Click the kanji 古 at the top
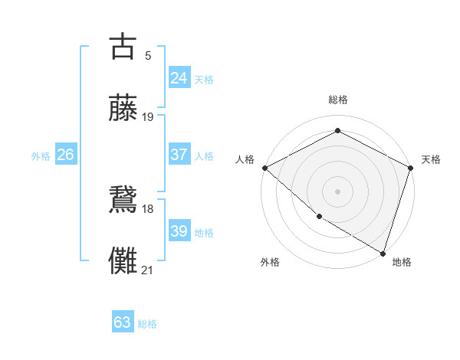click(x=123, y=47)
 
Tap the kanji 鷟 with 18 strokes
click(x=123, y=201)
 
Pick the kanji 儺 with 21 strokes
click(x=123, y=261)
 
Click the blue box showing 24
click(x=179, y=78)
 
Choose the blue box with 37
click(x=179, y=155)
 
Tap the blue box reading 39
click(x=179, y=231)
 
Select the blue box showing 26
click(x=66, y=155)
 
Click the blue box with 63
click(x=123, y=322)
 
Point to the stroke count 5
click(x=148, y=56)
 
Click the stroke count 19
click(x=148, y=117)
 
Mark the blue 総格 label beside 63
click(x=147, y=324)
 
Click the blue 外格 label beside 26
click(x=41, y=156)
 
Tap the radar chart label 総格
click(x=337, y=100)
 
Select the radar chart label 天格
click(x=432, y=159)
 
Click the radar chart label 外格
click(x=270, y=262)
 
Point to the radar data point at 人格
click(x=264, y=168)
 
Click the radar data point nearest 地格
click(x=383, y=253)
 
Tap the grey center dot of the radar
click(x=337, y=191)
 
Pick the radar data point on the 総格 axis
click(x=337, y=131)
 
